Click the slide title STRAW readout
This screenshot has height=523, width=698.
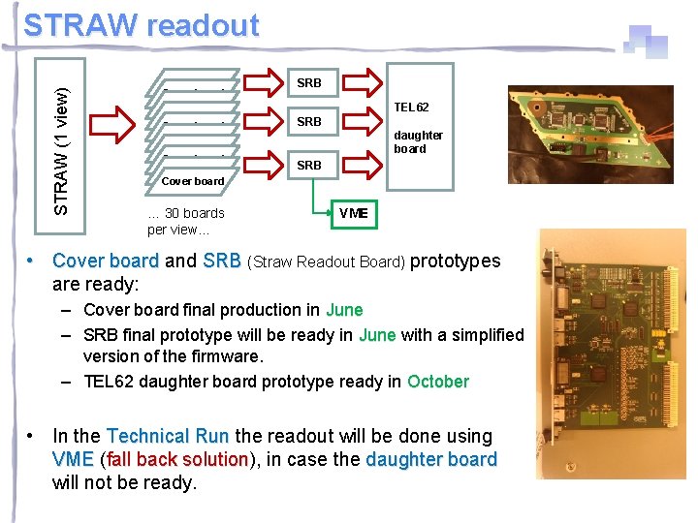click(x=142, y=25)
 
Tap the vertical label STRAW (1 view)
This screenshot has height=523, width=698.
click(x=60, y=151)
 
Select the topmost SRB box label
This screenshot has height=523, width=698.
click(x=308, y=83)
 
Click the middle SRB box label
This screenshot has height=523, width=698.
click(x=308, y=122)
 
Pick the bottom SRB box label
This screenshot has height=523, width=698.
click(x=308, y=166)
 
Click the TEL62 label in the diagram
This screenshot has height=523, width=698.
click(x=411, y=107)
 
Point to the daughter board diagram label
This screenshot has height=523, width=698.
click(x=418, y=141)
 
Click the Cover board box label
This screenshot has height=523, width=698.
click(x=192, y=181)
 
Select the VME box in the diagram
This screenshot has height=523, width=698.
click(x=353, y=213)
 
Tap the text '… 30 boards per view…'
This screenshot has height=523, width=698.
click(x=185, y=221)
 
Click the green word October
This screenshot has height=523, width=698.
click(x=438, y=382)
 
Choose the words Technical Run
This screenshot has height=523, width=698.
click(x=168, y=437)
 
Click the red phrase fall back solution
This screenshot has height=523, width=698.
click(x=177, y=459)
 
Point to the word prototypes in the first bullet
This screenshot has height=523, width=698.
click(x=456, y=261)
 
